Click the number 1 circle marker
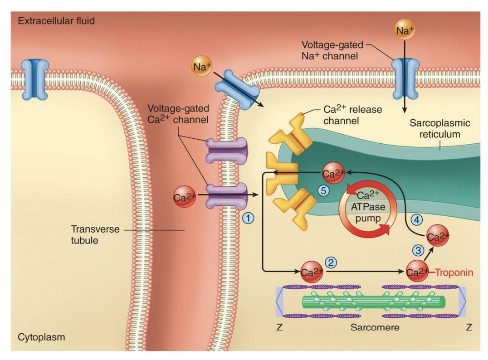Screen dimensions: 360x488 (248, 218)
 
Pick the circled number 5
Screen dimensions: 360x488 (323, 191)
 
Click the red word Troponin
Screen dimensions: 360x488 (454, 273)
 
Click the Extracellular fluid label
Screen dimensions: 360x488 (56, 21)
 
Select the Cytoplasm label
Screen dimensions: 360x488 (41, 337)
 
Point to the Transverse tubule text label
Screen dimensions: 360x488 (95, 234)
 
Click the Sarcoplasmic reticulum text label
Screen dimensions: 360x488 (439, 129)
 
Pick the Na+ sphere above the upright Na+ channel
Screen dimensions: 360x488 (404, 31)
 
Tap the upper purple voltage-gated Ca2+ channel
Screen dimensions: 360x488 (227, 151)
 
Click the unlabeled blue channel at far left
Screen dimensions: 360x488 (35, 79)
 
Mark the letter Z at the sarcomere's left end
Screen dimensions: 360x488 (280, 327)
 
